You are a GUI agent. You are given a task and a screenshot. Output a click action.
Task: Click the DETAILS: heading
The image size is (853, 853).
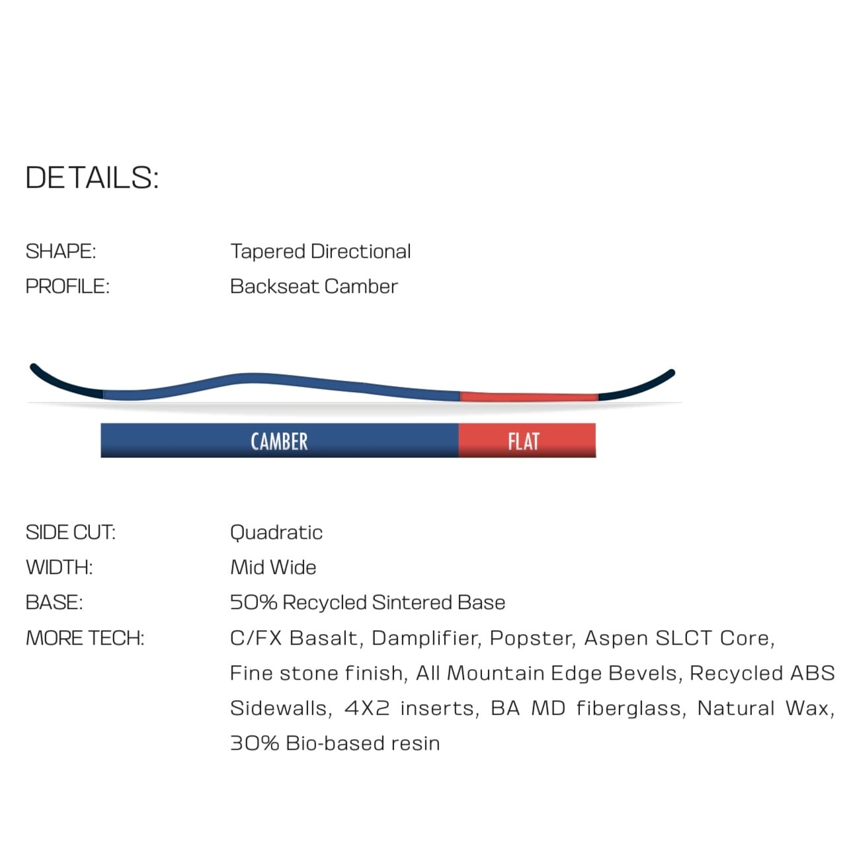point(92,178)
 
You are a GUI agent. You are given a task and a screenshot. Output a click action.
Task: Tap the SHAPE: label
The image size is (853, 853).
point(61,251)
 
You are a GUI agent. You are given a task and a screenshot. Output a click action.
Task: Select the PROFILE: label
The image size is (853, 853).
point(67,286)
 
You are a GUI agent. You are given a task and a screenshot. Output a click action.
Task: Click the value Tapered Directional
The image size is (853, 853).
point(320,251)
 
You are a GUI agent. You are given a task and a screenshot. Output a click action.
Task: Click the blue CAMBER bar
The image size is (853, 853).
point(279,441)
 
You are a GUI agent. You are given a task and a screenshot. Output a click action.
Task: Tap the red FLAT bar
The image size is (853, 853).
point(527,441)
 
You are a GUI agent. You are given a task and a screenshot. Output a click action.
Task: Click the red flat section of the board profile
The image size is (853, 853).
point(529,397)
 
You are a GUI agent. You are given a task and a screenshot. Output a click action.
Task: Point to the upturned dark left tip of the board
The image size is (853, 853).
point(60,383)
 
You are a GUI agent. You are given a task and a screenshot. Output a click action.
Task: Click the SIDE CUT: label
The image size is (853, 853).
point(70,532)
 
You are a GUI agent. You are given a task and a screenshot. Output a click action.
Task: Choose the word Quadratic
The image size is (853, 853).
point(276,532)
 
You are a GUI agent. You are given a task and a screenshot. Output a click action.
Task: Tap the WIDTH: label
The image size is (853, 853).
point(59,567)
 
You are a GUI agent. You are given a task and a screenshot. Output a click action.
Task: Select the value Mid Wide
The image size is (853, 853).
point(272,567)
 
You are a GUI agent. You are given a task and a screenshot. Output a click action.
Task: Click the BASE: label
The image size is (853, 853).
point(54,602)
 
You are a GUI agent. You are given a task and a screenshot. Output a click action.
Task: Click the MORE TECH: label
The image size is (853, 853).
point(85,638)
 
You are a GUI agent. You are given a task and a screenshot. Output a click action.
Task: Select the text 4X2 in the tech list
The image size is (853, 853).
point(367,708)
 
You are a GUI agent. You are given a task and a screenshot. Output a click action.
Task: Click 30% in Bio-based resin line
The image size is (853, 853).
point(254,743)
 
